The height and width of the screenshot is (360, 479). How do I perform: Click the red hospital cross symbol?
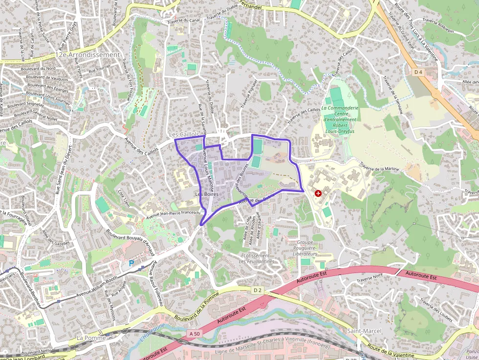[x=319, y=193]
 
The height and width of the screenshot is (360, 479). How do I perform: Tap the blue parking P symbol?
[x=131, y=263]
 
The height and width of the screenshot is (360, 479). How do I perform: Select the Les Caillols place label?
[x=184, y=134]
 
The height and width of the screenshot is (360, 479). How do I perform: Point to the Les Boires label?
[x=207, y=194]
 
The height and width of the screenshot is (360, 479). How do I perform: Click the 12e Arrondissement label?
[x=87, y=55]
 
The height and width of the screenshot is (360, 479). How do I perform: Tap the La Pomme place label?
[x=91, y=338]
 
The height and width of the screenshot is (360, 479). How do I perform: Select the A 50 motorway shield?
[x=194, y=334]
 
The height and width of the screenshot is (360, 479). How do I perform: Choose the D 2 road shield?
[x=258, y=290]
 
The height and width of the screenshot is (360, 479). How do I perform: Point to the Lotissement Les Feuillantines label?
[x=257, y=258]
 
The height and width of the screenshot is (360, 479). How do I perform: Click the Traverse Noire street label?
[x=370, y=280]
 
